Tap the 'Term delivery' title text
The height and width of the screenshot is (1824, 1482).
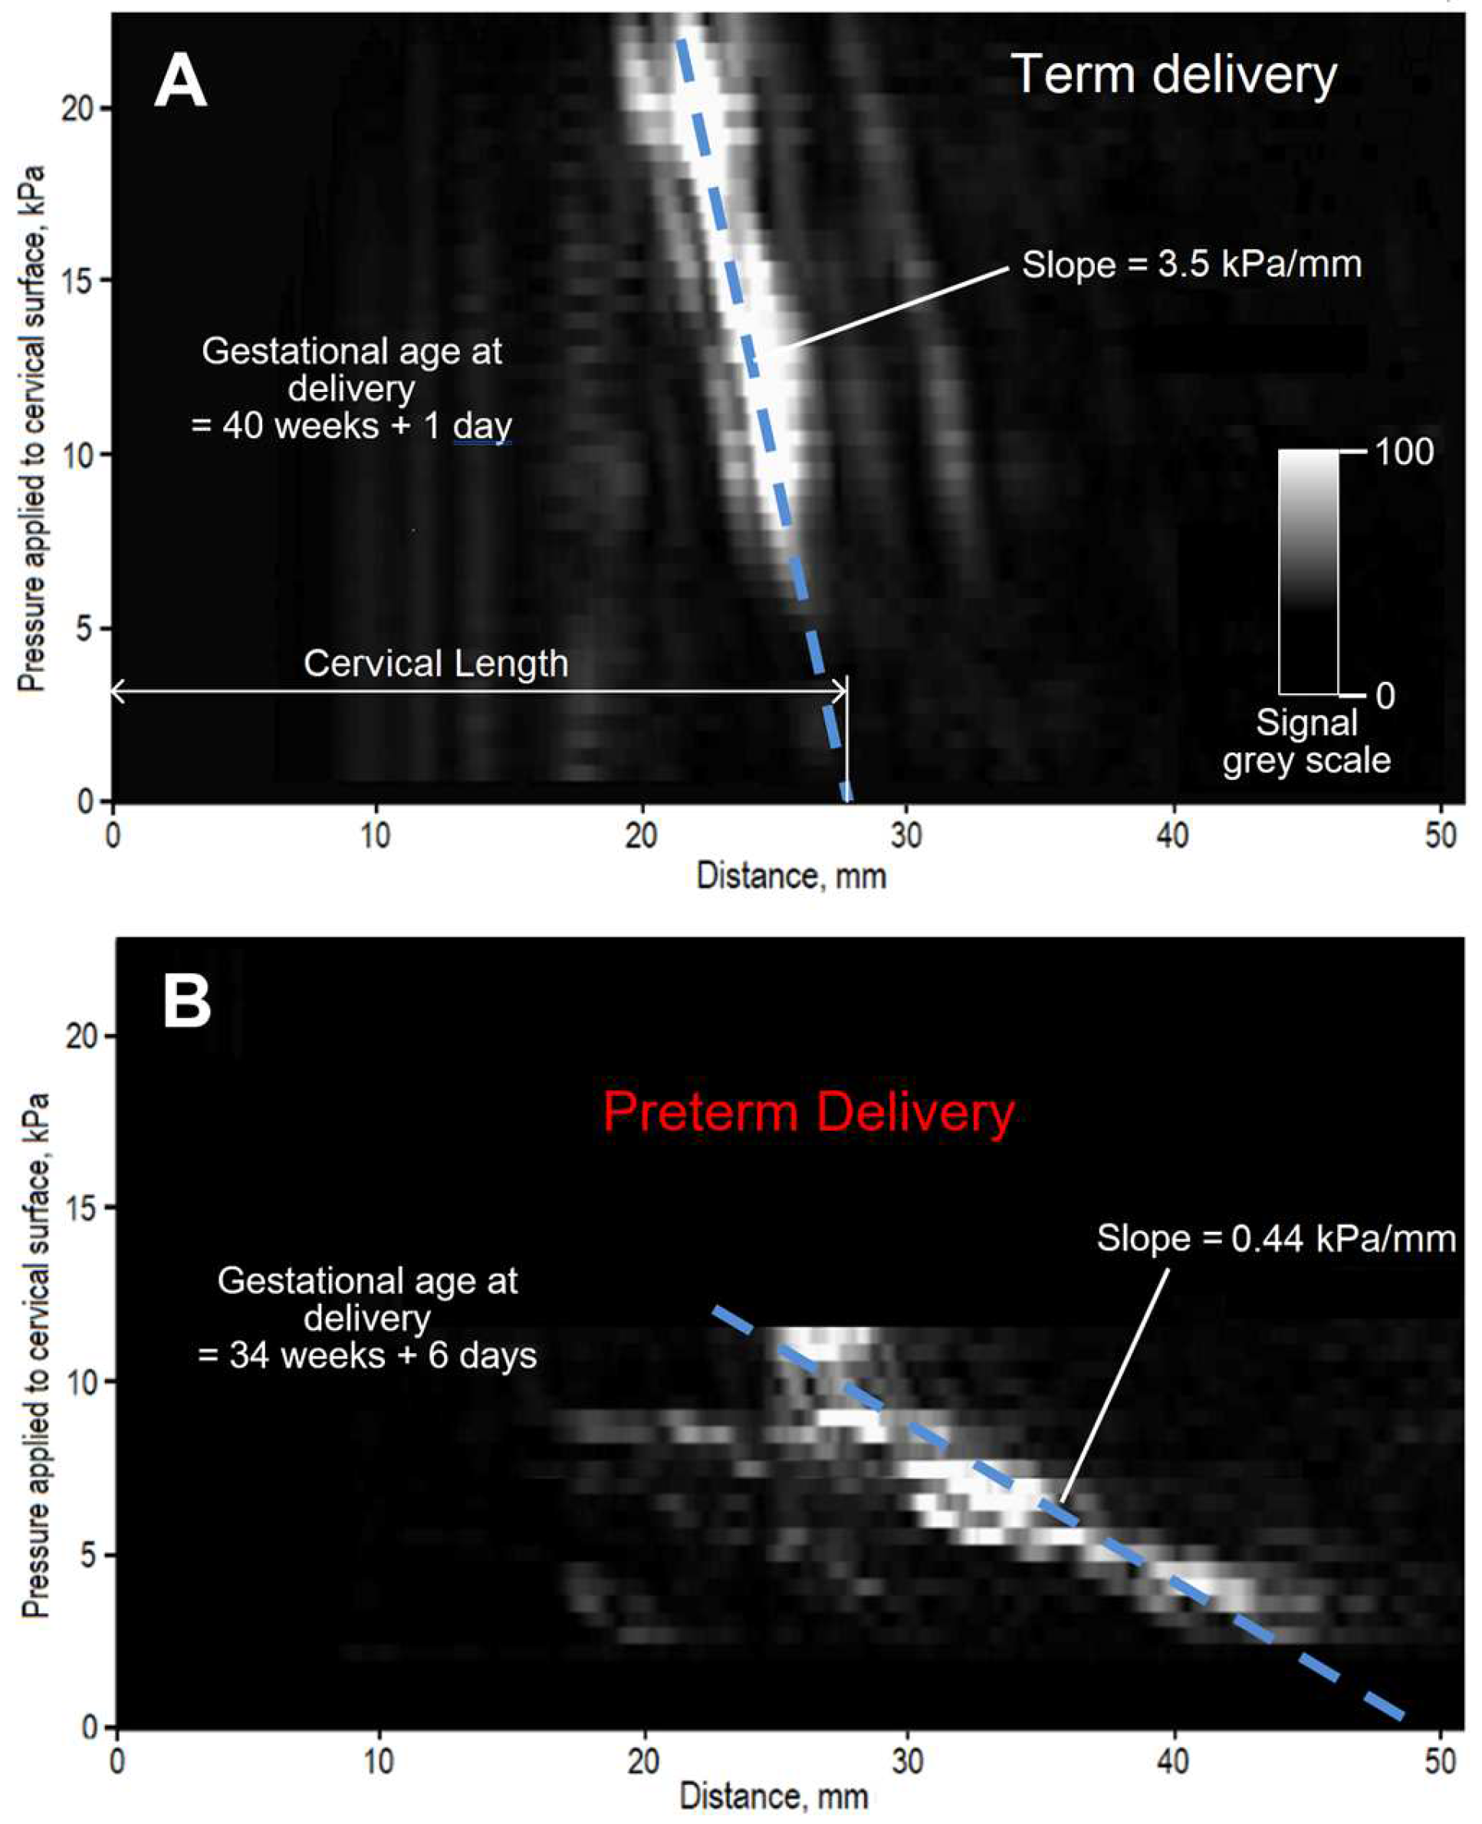coord(1174,75)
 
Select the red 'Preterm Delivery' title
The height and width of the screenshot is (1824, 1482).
coord(808,1112)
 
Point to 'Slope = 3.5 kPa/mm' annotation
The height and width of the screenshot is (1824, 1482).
coord(1191,265)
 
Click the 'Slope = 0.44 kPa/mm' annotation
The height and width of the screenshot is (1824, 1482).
coord(1277,1239)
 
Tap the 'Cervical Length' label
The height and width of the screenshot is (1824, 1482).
coord(435,663)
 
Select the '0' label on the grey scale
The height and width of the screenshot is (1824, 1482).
coord(1385,696)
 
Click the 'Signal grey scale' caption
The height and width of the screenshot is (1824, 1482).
coord(1306,741)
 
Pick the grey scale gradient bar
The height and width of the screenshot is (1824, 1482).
coord(1308,571)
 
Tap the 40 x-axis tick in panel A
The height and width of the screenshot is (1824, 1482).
coord(1173,835)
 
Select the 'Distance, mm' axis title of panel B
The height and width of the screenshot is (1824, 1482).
coord(774,1796)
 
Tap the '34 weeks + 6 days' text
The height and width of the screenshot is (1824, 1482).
coord(367,1355)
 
